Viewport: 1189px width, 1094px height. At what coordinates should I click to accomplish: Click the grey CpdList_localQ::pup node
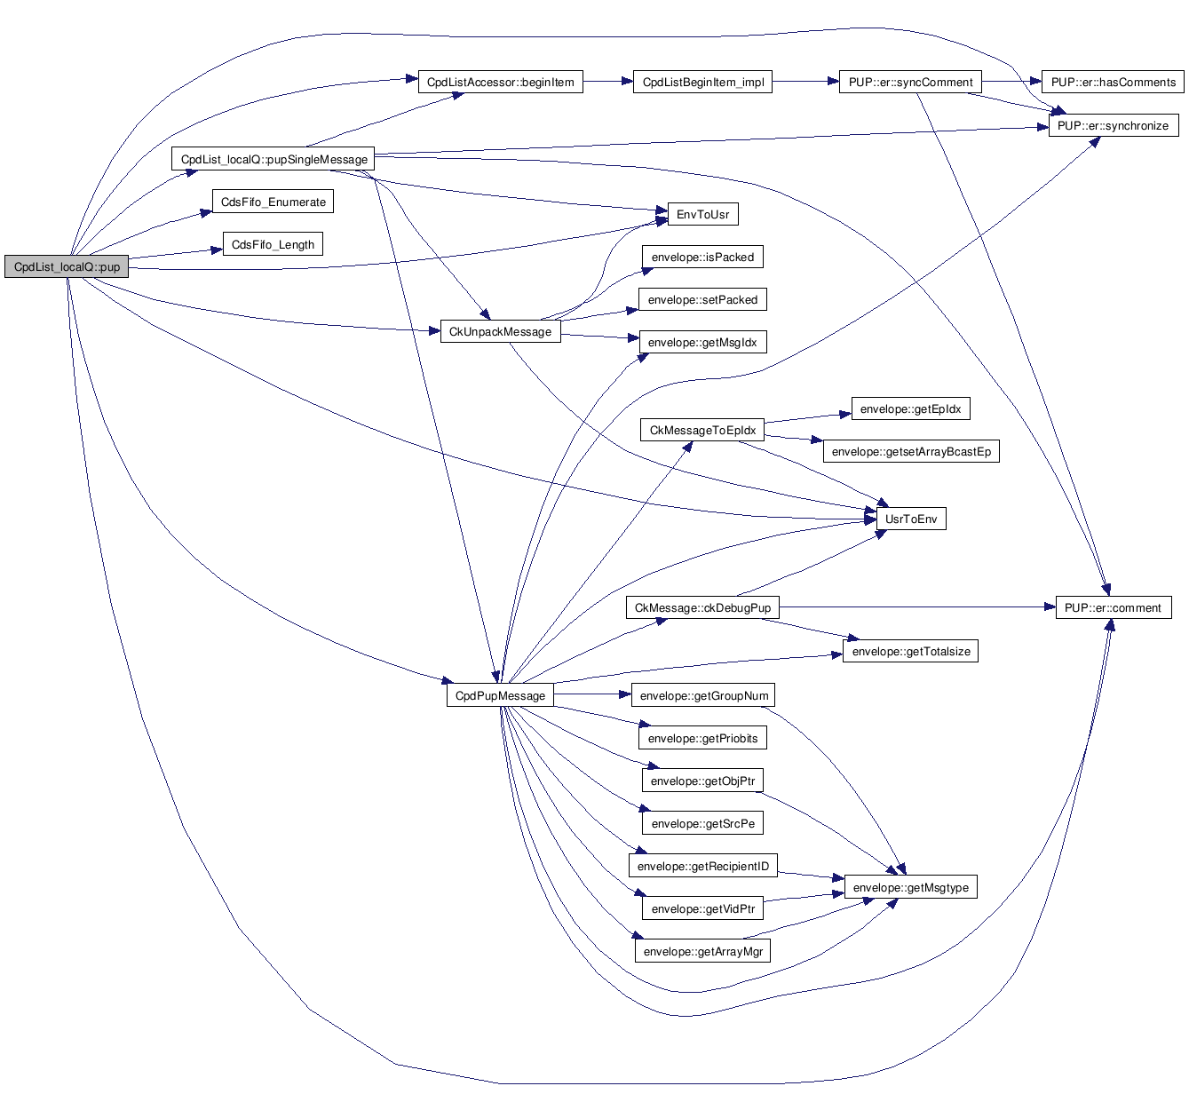(67, 266)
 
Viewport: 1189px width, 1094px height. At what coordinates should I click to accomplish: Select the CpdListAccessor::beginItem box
(500, 83)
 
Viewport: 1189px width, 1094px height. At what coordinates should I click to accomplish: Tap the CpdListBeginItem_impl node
(702, 83)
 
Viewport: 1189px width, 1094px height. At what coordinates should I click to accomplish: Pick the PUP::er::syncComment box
(910, 83)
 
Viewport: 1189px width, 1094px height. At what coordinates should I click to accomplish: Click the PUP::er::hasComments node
(1113, 83)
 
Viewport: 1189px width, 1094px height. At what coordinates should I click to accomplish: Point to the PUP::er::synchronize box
(1113, 125)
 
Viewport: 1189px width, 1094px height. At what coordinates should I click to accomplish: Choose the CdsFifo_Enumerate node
(273, 202)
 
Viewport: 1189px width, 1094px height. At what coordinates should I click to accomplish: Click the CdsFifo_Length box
(273, 244)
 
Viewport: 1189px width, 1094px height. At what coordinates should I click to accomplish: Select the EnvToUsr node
(702, 214)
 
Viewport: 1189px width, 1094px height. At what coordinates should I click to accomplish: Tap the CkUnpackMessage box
(500, 331)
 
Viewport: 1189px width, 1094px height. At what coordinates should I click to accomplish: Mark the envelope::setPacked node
(702, 299)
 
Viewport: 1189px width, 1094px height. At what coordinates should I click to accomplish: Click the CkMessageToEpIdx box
(702, 431)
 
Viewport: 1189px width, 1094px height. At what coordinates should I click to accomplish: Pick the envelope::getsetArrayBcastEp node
(910, 452)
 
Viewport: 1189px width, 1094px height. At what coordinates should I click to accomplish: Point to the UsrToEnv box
(910, 519)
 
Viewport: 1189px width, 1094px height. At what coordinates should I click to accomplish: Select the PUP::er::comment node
(1113, 608)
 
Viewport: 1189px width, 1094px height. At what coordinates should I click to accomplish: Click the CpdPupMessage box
(500, 695)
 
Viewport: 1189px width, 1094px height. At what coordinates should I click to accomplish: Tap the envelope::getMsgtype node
(910, 887)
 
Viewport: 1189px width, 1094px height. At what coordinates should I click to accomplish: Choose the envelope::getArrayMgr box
(702, 951)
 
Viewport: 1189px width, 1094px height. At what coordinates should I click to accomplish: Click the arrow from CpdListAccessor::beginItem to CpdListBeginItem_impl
(607, 83)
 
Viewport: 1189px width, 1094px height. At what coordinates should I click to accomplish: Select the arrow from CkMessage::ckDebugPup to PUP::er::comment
(915, 608)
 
